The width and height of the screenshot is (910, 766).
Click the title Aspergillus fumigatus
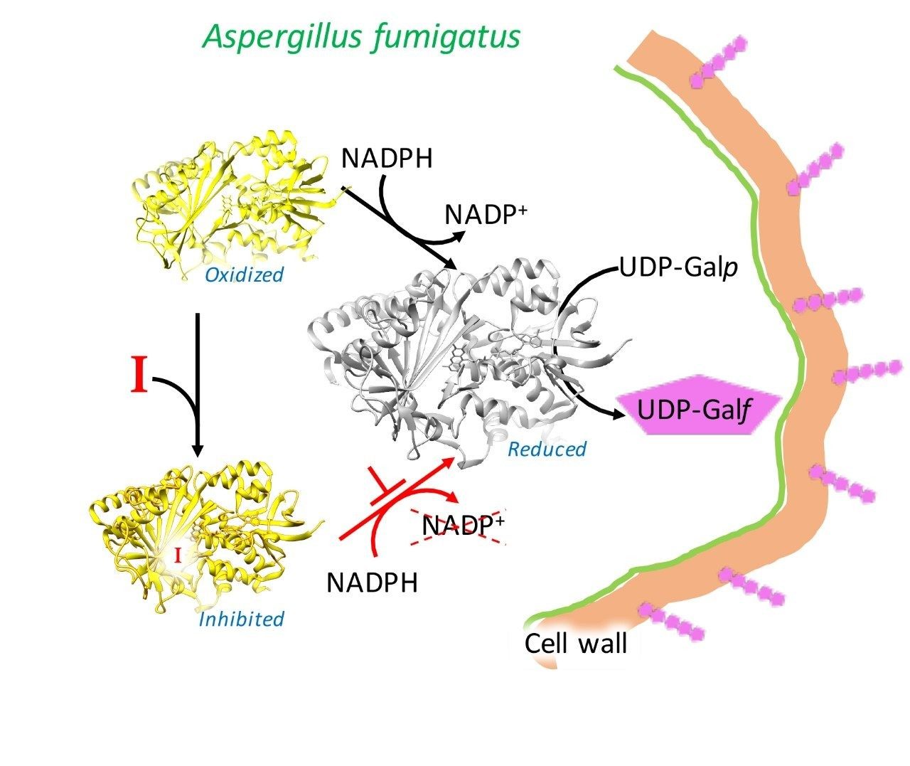(362, 36)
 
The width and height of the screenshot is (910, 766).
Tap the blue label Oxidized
(244, 275)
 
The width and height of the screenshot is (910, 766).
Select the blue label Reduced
(547, 449)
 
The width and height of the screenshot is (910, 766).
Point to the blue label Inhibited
(241, 619)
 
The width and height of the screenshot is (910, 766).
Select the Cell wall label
(575, 643)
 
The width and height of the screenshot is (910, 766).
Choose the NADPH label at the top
(386, 158)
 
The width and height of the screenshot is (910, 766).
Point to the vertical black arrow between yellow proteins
(198, 384)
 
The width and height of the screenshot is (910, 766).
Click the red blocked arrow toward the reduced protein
(398, 498)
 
